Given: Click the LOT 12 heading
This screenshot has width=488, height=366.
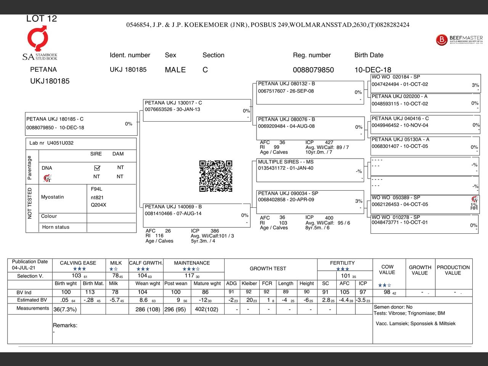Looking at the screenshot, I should pos(42,19).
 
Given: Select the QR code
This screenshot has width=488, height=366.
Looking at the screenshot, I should pos(216,176).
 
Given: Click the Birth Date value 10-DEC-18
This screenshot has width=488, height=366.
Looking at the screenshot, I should pos(372,70).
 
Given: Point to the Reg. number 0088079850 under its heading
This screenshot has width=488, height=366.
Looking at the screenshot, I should pos(313,70).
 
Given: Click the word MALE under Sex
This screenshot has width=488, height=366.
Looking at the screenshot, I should pos(175,70).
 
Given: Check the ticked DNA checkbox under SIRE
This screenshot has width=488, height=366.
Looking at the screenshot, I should pos(97,168).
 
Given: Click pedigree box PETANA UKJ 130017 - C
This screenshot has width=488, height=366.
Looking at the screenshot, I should pos(197,110).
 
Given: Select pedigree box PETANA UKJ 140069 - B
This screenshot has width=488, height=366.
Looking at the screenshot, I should pos(196,215).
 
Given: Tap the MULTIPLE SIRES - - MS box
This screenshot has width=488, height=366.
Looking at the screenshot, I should pos(310,170).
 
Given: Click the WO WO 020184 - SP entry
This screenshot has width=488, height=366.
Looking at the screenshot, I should pos(425,83).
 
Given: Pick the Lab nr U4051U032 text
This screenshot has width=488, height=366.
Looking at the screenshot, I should pos(51,143).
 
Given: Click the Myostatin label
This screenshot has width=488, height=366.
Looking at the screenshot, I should pos(53,197).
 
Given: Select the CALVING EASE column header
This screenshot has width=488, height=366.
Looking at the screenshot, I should pos(78,263).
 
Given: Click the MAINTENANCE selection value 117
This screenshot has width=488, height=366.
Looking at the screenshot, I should pos(189,275).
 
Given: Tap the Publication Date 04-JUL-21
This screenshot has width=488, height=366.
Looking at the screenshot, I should pos(24,268).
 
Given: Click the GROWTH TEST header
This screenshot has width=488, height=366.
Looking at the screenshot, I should pos(268,268).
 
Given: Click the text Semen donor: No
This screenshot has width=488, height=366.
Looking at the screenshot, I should pos(393,307).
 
